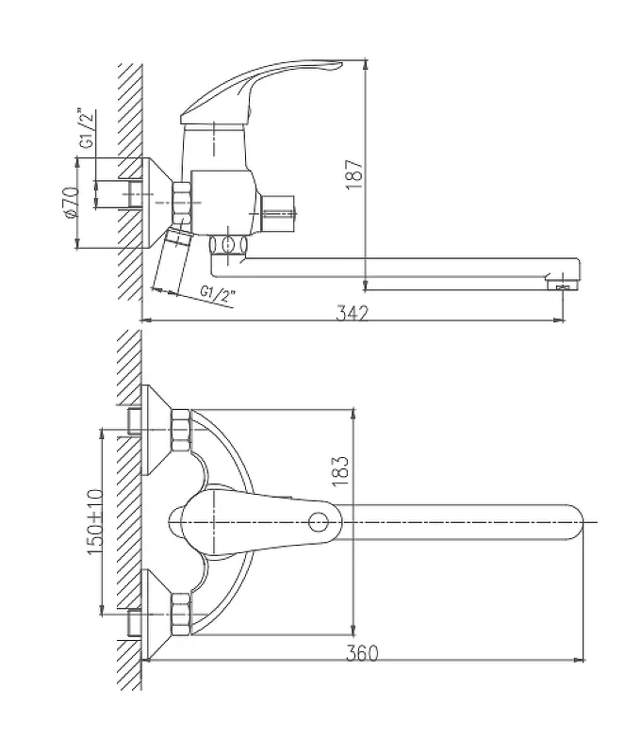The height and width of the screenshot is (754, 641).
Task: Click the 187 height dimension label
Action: point(355,173)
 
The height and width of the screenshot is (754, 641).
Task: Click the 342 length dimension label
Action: point(352,313)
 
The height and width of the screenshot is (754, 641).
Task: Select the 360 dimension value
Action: point(362,652)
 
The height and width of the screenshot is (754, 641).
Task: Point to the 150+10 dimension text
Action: point(95,521)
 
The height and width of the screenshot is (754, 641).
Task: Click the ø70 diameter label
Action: point(70,203)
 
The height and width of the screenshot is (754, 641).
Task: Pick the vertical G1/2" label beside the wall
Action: point(87,129)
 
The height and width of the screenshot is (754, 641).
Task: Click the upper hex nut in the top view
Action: point(181,431)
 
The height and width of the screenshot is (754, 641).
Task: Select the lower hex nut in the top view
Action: point(181,615)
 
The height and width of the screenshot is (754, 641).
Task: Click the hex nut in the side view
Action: point(181,203)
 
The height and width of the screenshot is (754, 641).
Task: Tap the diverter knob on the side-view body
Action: point(278,214)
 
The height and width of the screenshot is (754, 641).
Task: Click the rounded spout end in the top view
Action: point(575,522)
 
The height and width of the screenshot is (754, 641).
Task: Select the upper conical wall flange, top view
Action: point(157,430)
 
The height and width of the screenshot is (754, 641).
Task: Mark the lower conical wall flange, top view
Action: point(157,615)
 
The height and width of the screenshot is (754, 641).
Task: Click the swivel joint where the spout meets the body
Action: point(228,245)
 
